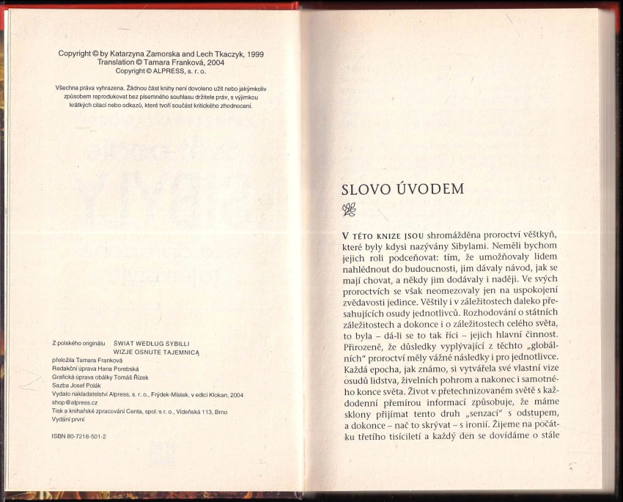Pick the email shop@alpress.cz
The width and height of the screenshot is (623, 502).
[75, 402]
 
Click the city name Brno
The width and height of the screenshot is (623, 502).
[221, 412]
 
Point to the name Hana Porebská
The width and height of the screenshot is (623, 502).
[113, 369]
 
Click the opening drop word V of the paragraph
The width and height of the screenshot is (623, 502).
[345, 236]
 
